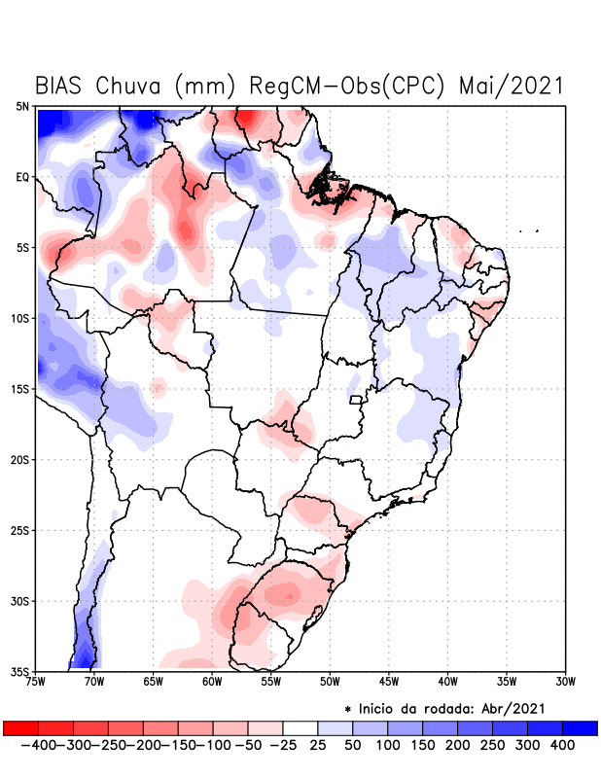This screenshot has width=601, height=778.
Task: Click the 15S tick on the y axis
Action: coord(20,389)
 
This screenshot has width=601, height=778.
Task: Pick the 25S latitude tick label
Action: coord(20,530)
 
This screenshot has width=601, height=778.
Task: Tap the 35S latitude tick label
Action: coord(20,671)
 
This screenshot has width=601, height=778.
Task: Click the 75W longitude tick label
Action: coord(37,682)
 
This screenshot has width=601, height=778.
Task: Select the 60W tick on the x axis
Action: coord(211,682)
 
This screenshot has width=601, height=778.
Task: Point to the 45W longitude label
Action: coord(388,682)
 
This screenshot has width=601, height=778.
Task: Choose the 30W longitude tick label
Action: coord(565,682)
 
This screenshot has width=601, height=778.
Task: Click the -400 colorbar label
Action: coord(36,745)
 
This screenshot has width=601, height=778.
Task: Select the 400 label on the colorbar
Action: coord(562,745)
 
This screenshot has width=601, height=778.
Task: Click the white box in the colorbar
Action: coord(300,728)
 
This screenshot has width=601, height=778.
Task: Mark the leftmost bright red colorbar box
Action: coord(21,728)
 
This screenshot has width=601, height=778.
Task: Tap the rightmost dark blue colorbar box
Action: coord(580,728)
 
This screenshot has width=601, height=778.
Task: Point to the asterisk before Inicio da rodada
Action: coord(348,709)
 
